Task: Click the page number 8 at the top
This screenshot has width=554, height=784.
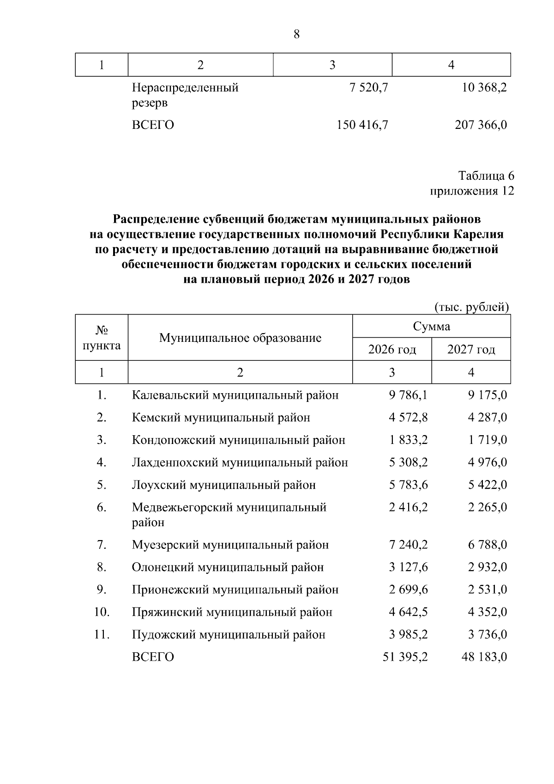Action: pos(296,35)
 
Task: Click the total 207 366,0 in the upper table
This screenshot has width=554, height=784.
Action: pos(481,125)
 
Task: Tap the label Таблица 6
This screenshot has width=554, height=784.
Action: pos(486,176)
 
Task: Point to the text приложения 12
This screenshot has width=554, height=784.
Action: pos(472,191)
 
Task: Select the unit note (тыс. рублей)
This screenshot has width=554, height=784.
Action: pos(472,307)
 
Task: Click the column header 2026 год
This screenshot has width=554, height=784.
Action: pos(392,349)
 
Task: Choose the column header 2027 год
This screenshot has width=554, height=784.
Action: pos(471,349)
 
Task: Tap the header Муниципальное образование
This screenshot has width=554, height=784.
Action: pos(240,338)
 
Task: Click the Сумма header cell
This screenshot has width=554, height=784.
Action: pos(431,327)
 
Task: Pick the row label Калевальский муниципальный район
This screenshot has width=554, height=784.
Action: pos(235,395)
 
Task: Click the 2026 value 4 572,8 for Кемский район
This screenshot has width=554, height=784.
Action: pos(408,418)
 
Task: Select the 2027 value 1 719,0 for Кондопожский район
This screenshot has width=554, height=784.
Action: pos(488,440)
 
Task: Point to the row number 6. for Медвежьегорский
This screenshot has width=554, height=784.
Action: pos(102,507)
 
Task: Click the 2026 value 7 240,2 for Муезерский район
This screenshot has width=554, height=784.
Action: pos(408,545)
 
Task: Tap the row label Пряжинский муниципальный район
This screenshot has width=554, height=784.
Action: pos(232,612)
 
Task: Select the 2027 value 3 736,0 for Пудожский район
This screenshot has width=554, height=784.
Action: pos(488,634)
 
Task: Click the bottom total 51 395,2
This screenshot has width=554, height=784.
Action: pos(405,657)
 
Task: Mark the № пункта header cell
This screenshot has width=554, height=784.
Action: pos(102,338)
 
